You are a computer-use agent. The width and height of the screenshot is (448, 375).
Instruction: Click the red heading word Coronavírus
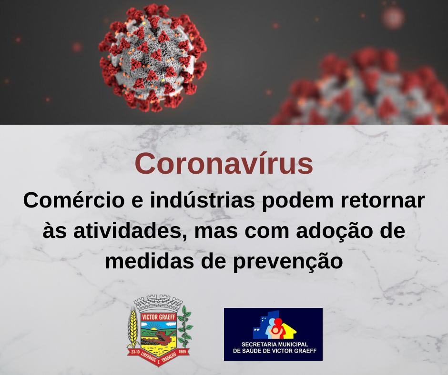click(x=224, y=163)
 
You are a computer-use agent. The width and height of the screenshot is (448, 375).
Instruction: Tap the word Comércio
click(x=74, y=200)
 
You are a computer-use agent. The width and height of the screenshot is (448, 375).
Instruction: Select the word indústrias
click(x=203, y=200)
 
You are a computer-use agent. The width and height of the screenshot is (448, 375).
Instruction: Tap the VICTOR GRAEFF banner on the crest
click(x=159, y=317)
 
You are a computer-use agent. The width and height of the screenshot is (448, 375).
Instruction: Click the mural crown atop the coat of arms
click(x=158, y=303)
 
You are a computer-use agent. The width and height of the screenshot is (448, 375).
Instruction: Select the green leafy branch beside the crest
click(x=185, y=327)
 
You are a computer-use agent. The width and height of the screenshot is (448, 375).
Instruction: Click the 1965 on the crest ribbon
click(x=182, y=352)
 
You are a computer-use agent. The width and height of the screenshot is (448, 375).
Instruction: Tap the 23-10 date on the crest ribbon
click(x=135, y=352)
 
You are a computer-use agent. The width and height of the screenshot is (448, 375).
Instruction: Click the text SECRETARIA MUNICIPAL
click(x=275, y=345)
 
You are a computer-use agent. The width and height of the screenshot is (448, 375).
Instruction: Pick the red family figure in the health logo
click(x=278, y=328)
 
